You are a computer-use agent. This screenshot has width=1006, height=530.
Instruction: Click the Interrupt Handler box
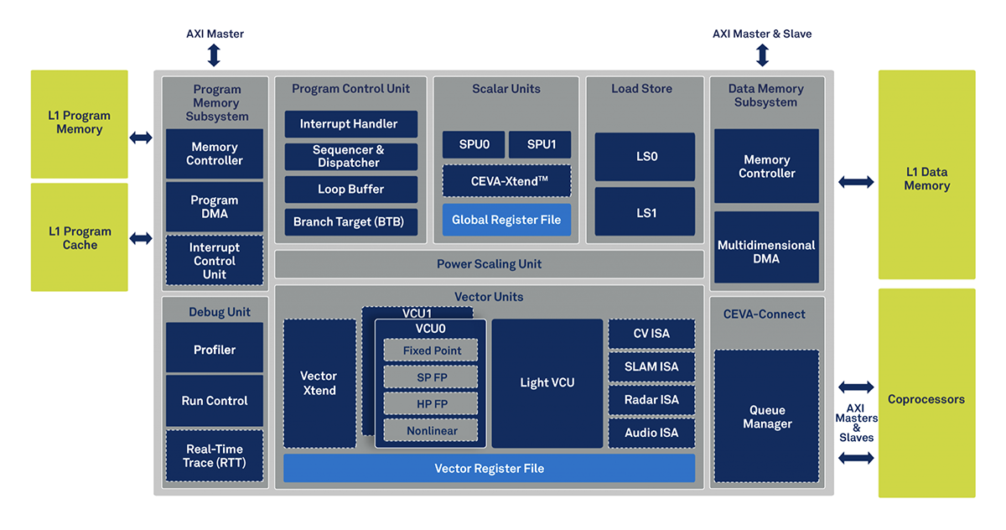[350, 124]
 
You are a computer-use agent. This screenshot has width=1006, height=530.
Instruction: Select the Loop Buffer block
[350, 189]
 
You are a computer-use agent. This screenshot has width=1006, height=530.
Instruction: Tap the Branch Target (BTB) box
[350, 222]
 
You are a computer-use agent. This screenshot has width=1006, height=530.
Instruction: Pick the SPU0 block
[474, 144]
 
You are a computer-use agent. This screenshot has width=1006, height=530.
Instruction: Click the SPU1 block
[540, 144]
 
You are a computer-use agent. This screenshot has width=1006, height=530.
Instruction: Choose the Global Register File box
[506, 220]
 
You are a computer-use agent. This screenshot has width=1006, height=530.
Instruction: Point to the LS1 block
[645, 212]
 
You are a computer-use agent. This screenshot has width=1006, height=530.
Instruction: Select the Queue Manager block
[766, 416]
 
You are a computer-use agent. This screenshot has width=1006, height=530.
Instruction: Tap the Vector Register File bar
[489, 468]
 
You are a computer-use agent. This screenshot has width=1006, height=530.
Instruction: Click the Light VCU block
[547, 383]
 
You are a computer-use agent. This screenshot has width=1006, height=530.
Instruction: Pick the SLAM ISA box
[651, 366]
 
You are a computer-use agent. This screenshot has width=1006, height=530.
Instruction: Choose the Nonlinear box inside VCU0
[431, 430]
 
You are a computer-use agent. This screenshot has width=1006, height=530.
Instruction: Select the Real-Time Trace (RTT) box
[215, 455]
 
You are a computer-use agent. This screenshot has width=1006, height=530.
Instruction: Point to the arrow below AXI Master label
[215, 55]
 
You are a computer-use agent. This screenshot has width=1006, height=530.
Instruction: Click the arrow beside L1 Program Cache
[141, 238]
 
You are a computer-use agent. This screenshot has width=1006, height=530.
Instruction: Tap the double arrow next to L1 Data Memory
[856, 182]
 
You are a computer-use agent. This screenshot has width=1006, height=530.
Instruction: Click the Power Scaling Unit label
[489, 264]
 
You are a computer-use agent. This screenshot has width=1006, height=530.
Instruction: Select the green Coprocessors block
[927, 393]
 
